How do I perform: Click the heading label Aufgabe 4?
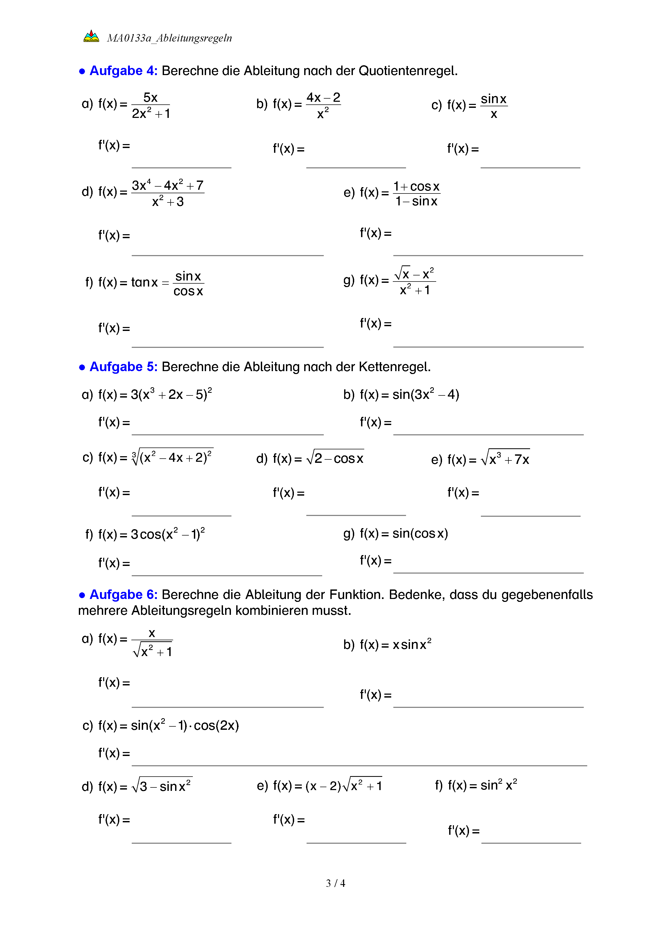point(123,71)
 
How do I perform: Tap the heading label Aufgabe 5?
point(123,367)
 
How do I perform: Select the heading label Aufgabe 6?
point(123,594)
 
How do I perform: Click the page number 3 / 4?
point(335,883)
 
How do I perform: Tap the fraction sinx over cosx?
point(188,283)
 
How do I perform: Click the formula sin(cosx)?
point(420,533)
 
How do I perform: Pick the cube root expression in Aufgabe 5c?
point(172,457)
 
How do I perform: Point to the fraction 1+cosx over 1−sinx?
point(416,193)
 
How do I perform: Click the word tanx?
point(144,282)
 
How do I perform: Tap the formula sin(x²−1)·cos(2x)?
point(185,725)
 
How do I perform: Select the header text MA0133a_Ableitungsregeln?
point(169,38)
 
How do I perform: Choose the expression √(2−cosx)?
point(335,458)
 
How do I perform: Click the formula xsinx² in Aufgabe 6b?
point(412,644)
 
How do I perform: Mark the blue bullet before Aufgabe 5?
point(82,367)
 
